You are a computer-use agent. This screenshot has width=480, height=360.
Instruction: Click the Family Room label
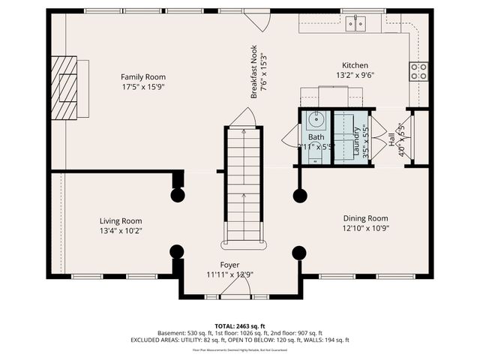(x=143, y=76)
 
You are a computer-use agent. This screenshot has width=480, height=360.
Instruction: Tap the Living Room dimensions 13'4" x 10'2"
(x=121, y=231)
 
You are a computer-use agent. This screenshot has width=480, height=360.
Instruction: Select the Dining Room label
(x=366, y=218)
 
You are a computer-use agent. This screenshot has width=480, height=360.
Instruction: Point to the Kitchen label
(x=355, y=65)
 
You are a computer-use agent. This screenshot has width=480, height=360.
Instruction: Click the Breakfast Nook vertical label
(x=254, y=71)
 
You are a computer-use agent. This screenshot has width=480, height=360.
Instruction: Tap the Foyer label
(x=229, y=265)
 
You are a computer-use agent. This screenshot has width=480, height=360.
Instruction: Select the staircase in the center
(x=244, y=187)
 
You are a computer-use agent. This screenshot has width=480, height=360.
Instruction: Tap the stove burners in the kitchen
(x=418, y=71)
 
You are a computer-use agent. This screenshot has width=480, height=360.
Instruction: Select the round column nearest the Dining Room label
(x=299, y=196)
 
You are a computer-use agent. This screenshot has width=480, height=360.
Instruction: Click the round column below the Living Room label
(x=177, y=252)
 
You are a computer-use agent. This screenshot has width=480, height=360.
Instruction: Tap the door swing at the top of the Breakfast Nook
(x=259, y=21)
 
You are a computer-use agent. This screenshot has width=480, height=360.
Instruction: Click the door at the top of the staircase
(x=244, y=118)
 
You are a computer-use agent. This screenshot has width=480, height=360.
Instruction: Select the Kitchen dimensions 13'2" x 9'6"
(x=355, y=75)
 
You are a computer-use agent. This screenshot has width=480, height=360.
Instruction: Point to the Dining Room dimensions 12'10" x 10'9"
(x=366, y=228)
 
